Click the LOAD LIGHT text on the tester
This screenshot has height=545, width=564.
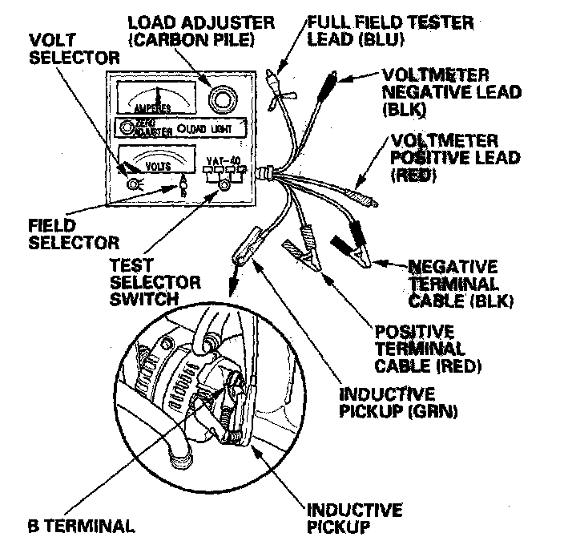[211, 128]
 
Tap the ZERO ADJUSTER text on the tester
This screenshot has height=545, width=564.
[152, 127]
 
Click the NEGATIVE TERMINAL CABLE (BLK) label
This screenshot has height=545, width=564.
[461, 283]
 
